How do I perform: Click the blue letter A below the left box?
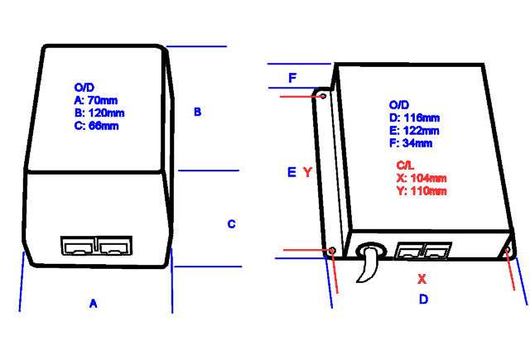click(94, 305)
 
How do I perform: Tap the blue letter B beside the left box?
click(197, 112)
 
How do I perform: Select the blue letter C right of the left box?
click(231, 223)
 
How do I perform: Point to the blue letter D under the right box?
click(423, 299)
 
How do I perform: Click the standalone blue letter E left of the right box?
click(291, 172)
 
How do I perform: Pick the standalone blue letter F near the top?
click(292, 78)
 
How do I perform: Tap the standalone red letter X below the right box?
click(422, 278)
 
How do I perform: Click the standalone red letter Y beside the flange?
click(307, 172)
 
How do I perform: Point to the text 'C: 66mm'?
click(96, 126)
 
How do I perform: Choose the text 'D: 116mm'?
click(414, 118)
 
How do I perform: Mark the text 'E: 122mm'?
click(414, 131)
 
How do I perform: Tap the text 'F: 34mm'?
click(411, 144)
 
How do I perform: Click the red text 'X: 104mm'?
click(422, 178)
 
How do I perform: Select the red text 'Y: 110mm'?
click(422, 191)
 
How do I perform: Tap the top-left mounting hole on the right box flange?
click(322, 96)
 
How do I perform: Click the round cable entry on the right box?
click(371, 249)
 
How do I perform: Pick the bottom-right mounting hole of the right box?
click(508, 248)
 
